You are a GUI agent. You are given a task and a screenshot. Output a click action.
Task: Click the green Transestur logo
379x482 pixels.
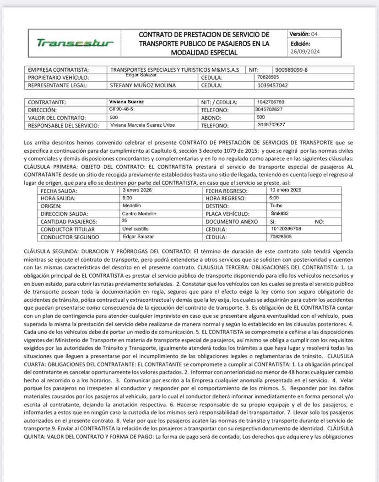coord(75,43)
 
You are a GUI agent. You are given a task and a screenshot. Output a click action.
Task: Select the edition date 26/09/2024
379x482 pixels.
coord(305,51)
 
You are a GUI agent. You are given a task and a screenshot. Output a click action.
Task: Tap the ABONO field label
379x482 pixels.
coord(211,118)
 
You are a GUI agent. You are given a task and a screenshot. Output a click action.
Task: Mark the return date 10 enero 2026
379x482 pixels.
coord(285,190)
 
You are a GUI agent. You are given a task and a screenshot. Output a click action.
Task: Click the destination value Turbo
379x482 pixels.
coord(276,205)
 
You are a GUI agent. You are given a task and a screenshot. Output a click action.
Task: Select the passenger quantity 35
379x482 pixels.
coord(125,220)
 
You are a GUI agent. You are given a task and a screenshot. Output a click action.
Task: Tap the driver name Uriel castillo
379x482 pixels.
coord(136,229)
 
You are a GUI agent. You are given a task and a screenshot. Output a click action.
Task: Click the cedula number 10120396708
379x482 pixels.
coord(285,229)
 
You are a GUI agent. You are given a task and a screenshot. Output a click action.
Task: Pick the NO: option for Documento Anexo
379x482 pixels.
coord(319,221)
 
